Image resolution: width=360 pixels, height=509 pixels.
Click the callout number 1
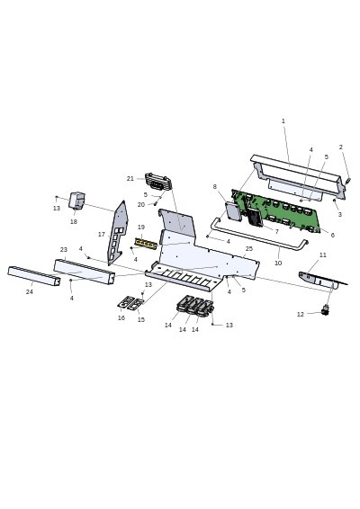(283, 121)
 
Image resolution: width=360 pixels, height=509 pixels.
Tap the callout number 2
(340, 147)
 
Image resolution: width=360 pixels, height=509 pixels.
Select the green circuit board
(275, 211)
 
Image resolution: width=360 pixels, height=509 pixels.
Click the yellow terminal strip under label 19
(146, 243)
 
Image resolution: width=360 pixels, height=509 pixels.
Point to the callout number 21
(130, 179)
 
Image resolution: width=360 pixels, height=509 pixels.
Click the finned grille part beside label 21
(158, 182)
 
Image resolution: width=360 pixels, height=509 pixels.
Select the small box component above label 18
(77, 201)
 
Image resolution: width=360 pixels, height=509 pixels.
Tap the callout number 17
(102, 235)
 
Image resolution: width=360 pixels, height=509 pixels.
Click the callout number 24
(30, 292)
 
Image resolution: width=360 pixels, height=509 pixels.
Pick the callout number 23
(64, 250)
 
